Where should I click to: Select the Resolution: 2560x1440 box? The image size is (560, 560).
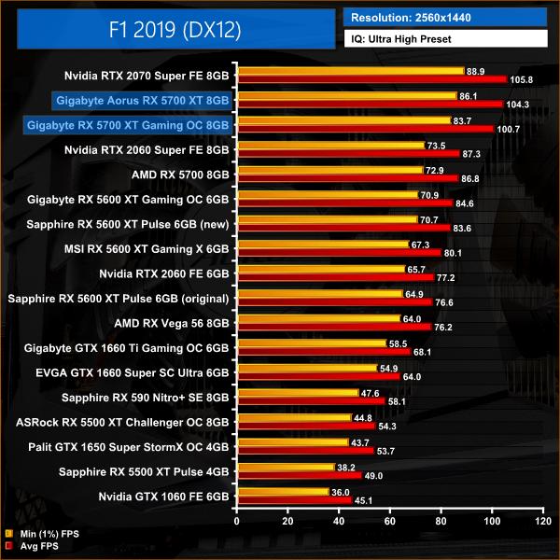pyautogui.click(x=446, y=17)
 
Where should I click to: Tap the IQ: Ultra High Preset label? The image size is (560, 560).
pyautogui.click(x=446, y=39)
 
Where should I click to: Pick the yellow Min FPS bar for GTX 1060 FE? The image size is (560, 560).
pyautogui.click(x=284, y=491)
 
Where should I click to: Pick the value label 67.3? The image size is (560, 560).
pyautogui.click(x=427, y=245)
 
